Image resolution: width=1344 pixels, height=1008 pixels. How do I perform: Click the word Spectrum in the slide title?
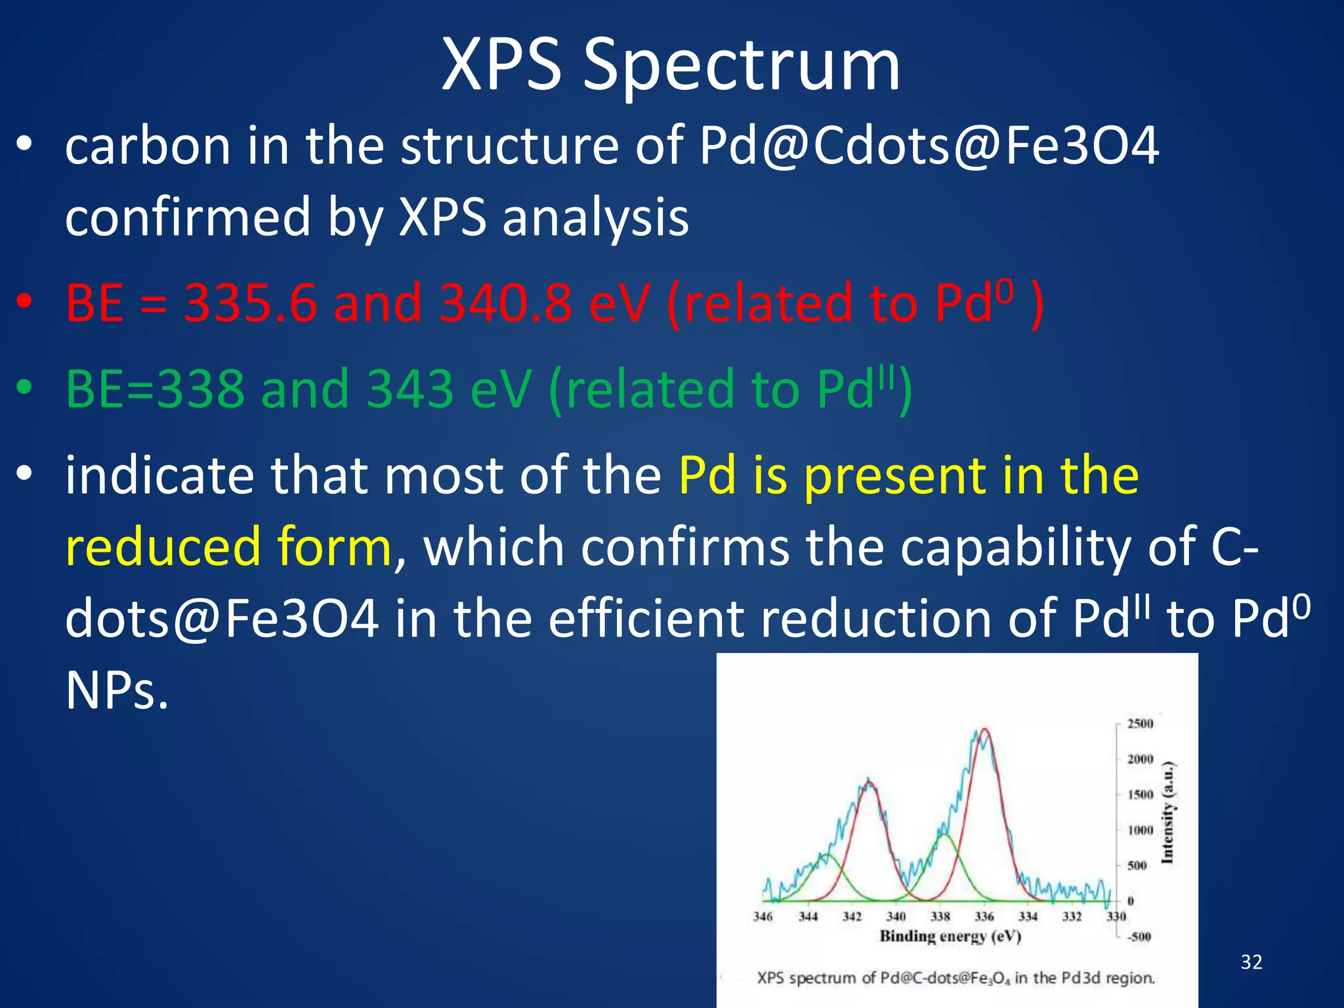coord(742,66)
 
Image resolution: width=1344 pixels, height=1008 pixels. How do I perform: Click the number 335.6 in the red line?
coord(250,303)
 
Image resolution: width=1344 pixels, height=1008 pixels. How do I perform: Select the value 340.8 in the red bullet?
coord(506,303)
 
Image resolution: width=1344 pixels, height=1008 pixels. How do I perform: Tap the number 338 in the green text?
coord(199,389)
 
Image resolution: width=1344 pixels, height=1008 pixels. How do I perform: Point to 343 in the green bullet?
coord(410,389)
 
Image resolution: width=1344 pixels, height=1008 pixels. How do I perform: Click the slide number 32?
coord(1251,962)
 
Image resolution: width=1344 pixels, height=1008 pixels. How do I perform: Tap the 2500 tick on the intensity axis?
coord(1140,724)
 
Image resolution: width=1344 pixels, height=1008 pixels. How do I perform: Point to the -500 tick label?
coord(1139,936)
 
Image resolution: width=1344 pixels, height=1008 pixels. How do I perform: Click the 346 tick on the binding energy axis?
coord(763,917)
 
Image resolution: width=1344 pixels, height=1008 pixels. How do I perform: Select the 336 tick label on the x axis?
coord(984,917)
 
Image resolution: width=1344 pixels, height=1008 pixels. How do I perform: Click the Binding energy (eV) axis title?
coord(950,936)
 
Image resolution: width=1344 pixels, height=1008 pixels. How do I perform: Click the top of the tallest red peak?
coord(985,730)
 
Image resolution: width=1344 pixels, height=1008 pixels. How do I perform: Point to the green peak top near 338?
coord(944,834)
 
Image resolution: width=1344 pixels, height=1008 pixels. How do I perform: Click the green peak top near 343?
coord(827,855)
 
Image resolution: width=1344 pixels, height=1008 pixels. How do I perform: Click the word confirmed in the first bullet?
coord(188,217)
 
